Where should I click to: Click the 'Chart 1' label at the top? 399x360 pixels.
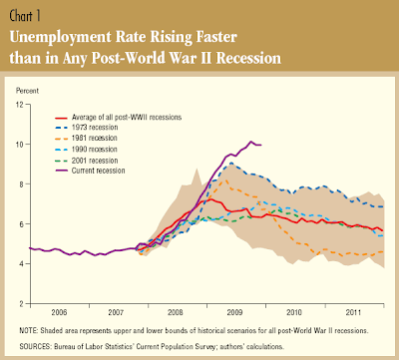25,16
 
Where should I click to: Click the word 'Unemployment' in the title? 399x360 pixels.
61,38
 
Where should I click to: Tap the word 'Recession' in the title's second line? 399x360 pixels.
248,58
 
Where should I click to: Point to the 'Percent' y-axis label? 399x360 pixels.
27,91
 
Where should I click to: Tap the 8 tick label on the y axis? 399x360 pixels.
21,184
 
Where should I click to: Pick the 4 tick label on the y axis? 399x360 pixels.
21,264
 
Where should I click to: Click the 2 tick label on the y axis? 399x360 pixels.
21,304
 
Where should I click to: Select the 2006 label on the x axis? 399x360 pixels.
59,312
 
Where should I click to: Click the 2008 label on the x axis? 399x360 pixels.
176,312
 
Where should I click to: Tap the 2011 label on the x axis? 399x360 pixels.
353,312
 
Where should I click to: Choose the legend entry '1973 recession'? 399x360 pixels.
87,128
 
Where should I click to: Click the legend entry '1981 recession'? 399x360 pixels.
86,138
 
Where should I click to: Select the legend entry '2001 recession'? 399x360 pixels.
87,161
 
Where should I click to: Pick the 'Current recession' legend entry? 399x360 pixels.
90,171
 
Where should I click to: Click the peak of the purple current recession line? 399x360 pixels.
251,142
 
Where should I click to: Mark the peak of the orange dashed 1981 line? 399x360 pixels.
226,180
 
